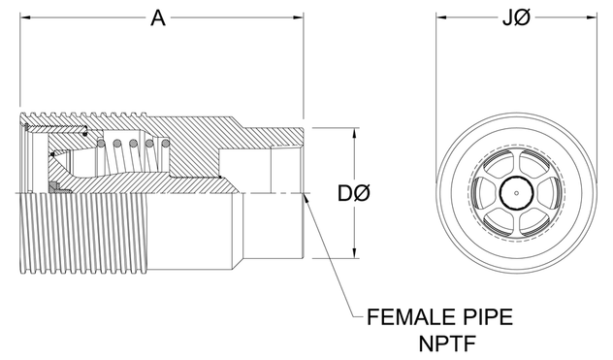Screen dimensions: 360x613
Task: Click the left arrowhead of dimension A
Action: coord(22,18)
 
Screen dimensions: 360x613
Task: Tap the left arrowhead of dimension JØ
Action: coord(438,18)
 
